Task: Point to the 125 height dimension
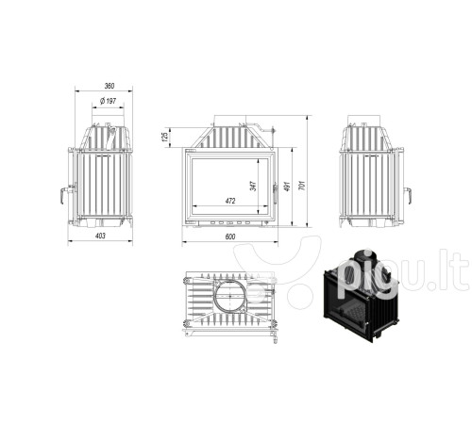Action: pyautogui.click(x=165, y=137)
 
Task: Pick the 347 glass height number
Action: pyautogui.click(x=254, y=186)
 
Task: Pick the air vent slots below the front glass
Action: pyautogui.click(x=229, y=222)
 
